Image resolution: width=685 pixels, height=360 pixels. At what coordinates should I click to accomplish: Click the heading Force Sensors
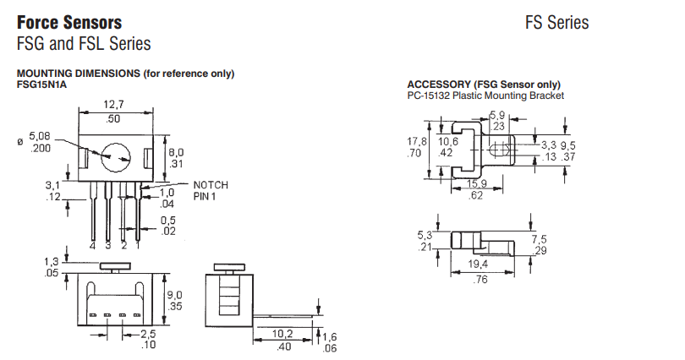(x=69, y=22)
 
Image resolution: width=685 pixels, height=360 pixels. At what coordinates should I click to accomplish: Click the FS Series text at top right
(x=556, y=23)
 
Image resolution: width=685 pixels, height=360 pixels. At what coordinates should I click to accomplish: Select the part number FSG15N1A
(x=41, y=84)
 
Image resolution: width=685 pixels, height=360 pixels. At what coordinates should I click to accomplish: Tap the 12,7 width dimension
(x=114, y=104)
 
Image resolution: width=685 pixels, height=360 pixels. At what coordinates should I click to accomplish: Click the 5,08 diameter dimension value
(x=40, y=136)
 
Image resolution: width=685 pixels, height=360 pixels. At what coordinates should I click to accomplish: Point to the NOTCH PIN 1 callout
(x=211, y=190)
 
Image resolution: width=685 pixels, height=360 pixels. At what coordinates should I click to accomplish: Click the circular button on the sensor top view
(x=116, y=156)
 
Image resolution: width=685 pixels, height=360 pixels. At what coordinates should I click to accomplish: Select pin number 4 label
(x=92, y=245)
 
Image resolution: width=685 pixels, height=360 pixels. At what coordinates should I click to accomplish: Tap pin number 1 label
(x=136, y=245)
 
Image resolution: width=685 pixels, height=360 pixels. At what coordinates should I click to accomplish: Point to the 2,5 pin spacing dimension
(x=149, y=333)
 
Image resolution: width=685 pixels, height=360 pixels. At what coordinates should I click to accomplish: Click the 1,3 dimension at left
(x=51, y=263)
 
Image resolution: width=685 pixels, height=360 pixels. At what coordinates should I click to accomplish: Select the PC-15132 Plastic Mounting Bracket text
(x=485, y=95)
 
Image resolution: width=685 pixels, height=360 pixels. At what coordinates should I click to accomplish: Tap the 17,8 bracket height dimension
(x=414, y=141)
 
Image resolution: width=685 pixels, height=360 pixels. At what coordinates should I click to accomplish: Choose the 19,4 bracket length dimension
(x=479, y=265)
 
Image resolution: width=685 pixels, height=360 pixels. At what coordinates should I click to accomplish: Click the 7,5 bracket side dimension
(x=539, y=240)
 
